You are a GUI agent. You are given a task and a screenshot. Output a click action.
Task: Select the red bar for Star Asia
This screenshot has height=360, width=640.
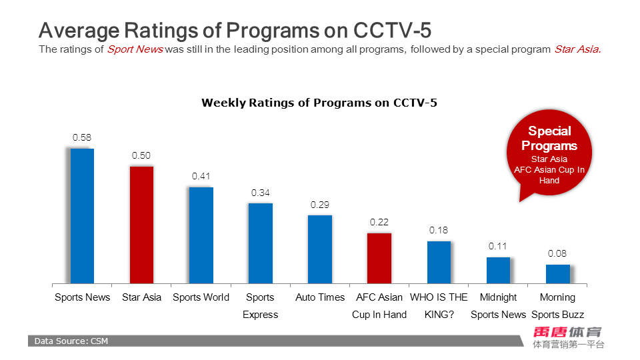click(141, 225)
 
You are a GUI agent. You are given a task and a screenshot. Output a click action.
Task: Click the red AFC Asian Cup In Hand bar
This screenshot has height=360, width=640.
click(379, 259)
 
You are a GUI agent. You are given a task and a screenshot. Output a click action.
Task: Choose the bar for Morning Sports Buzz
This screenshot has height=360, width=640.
click(557, 275)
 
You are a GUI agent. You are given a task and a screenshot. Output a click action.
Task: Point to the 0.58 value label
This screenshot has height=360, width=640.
click(81, 138)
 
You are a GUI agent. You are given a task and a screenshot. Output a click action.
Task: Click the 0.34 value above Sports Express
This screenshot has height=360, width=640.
click(260, 193)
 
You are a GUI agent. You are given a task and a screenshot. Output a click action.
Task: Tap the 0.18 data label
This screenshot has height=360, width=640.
click(439, 230)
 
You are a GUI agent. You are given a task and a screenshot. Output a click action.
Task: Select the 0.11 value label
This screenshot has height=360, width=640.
click(498, 246)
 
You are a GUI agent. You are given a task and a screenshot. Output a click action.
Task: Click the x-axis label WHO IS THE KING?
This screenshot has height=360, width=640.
click(439, 305)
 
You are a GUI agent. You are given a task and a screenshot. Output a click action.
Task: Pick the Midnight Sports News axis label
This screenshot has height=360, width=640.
click(498, 305)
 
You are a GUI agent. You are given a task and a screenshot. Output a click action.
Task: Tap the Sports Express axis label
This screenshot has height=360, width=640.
click(260, 305)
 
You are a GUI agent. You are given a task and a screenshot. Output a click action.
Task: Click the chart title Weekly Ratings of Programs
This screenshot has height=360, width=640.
click(319, 103)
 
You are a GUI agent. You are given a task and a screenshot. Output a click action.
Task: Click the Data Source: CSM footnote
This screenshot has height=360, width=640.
click(71, 341)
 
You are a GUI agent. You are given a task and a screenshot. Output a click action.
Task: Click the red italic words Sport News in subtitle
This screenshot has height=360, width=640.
click(135, 49)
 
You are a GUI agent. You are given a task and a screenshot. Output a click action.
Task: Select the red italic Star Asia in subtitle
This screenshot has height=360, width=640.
click(577, 49)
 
